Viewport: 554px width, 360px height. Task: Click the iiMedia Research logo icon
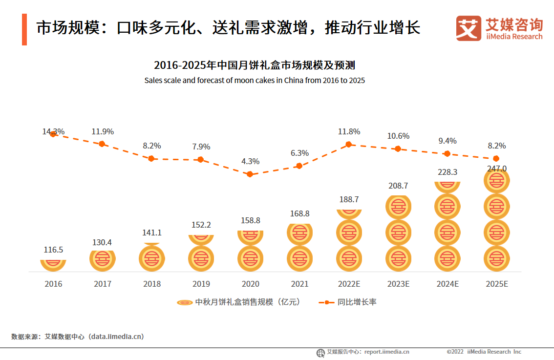[469, 28]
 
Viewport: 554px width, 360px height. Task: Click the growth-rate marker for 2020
[250, 174]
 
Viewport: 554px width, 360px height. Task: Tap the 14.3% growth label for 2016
[53, 131]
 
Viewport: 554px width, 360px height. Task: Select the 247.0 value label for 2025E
[496, 169]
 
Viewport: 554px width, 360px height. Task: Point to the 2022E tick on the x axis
[349, 284]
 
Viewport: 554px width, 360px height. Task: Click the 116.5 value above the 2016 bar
[53, 250]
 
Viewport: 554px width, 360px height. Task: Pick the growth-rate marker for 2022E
[349, 144]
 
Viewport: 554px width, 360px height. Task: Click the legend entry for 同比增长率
[348, 302]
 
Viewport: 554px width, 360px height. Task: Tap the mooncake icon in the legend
[185, 302]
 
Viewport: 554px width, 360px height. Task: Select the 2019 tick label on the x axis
[201, 284]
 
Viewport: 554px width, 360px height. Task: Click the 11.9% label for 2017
[103, 131]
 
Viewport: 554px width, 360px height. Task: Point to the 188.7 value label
[349, 199]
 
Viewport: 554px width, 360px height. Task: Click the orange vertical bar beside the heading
[24, 29]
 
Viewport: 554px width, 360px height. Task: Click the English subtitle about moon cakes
[255, 80]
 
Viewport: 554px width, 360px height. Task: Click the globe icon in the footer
[320, 352]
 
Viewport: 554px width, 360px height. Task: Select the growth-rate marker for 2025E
[496, 158]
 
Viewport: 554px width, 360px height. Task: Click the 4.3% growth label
[251, 161]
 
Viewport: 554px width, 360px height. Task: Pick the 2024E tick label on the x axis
[447, 284]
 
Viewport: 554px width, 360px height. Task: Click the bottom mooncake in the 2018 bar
[152, 258]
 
